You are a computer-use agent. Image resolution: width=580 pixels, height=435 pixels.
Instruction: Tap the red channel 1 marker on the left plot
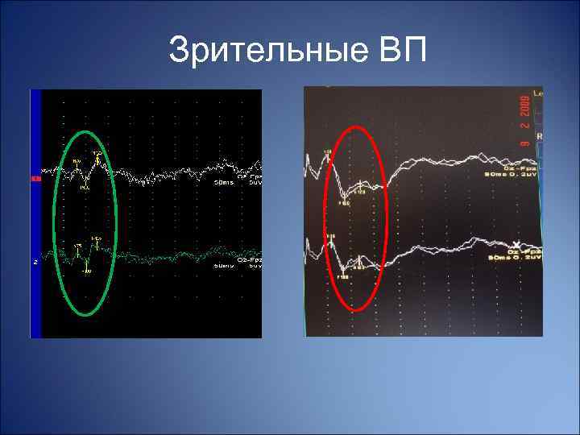click(35, 178)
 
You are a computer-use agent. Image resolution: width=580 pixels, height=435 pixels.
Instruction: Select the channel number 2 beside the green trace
click(35, 260)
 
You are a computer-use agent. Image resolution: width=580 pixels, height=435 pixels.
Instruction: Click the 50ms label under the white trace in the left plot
click(223, 183)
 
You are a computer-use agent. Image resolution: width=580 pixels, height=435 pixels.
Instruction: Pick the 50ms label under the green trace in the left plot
click(223, 265)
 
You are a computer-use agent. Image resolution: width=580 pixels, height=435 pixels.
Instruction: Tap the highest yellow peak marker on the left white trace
click(97, 152)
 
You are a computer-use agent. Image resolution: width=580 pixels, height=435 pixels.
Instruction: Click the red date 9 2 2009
click(524, 121)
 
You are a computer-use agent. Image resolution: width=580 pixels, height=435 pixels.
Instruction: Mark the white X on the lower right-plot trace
click(516, 244)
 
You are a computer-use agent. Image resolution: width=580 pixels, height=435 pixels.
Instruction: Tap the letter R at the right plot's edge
click(539, 137)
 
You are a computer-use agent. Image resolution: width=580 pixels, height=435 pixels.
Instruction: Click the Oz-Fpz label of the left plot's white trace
click(247, 177)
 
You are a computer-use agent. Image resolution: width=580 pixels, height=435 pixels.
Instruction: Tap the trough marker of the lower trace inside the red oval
click(343, 275)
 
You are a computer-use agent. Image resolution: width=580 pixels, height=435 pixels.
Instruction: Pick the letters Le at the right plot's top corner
click(537, 95)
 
